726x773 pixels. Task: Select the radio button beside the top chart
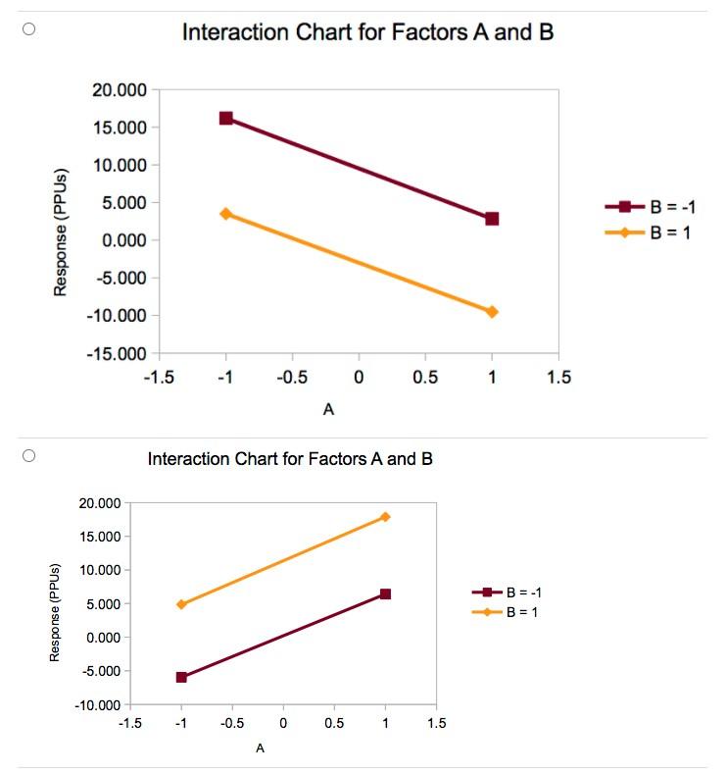pos(29,29)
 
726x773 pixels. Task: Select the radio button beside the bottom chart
pos(29,455)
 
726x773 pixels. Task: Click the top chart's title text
pos(367,32)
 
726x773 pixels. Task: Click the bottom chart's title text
pos(289,458)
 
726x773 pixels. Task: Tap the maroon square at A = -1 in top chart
pos(226,118)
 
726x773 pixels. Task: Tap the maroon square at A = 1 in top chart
pos(492,218)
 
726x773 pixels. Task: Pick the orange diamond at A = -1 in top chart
pos(226,213)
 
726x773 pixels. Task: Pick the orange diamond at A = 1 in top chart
pos(492,311)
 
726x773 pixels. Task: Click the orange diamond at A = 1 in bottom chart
pos(385,516)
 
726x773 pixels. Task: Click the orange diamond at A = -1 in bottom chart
pos(181,603)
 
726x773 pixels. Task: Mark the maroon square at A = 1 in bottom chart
pos(385,593)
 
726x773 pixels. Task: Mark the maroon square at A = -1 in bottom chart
pos(181,677)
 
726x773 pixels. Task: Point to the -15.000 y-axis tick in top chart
pos(118,353)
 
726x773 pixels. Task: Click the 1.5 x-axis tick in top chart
pos(558,377)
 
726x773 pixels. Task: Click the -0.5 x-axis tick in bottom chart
pos(232,723)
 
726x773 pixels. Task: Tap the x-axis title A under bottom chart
pos(260,748)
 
